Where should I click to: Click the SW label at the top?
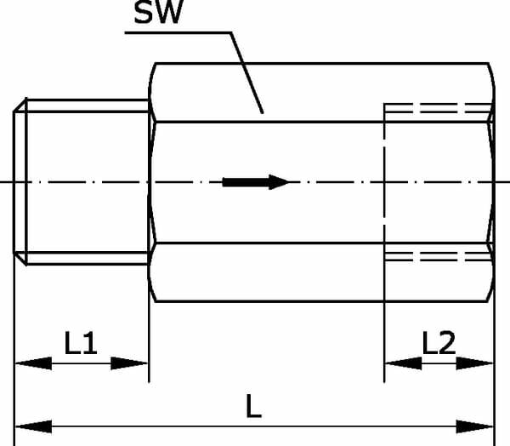[158, 12]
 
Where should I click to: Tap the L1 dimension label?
[81, 343]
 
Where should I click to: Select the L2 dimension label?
[439, 343]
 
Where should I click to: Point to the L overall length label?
[253, 406]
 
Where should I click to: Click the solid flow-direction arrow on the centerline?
[256, 182]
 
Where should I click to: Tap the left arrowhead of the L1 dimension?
[33, 363]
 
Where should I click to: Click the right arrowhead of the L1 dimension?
[129, 363]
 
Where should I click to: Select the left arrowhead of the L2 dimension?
[403, 363]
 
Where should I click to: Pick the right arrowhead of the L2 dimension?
[475, 363]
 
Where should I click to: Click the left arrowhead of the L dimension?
[33, 426]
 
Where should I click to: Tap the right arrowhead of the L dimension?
[475, 426]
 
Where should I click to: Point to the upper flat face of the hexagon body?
[322, 93]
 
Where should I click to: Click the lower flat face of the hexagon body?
[322, 272]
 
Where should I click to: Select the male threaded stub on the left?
[82, 182]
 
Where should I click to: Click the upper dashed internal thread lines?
[439, 108]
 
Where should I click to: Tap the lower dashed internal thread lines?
[439, 256]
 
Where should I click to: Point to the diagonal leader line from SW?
[246, 73]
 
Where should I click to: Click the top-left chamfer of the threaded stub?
[20, 105]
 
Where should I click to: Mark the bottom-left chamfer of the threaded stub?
[20, 259]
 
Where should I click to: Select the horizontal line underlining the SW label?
[178, 32]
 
